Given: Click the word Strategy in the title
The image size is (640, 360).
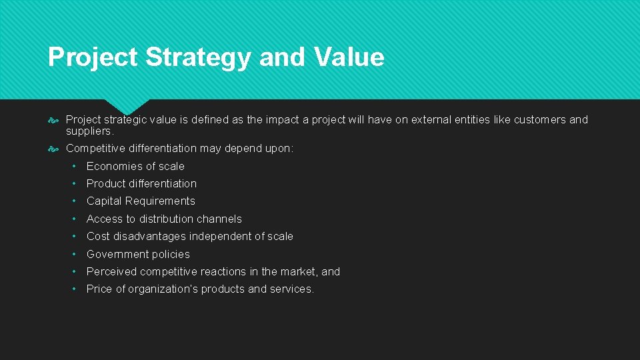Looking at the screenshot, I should (x=199, y=57).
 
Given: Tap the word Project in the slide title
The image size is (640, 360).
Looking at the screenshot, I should (x=93, y=57).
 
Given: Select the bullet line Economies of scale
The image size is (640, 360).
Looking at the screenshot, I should (x=135, y=166).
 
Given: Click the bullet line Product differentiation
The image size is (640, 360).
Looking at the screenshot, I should (x=141, y=183).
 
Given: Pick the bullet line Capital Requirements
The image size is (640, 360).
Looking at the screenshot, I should (x=141, y=201).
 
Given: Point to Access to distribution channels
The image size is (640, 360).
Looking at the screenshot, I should (x=164, y=219).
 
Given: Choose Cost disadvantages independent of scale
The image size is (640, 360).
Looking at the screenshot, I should (x=189, y=236).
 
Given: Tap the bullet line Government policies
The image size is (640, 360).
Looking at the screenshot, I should (x=138, y=254).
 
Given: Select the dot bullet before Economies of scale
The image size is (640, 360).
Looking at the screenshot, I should (x=77, y=166).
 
